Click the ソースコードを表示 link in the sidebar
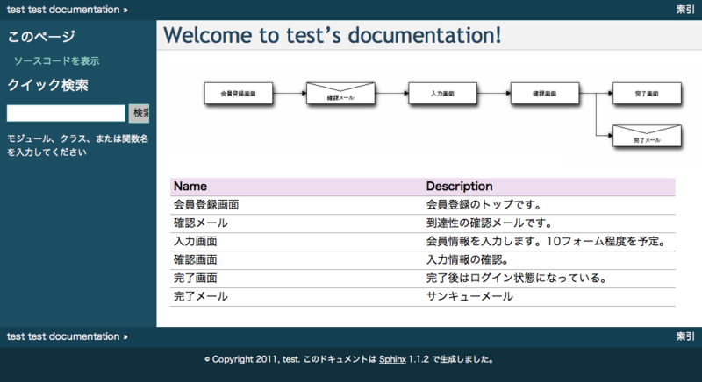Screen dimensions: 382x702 56,61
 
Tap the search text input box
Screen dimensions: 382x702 66,113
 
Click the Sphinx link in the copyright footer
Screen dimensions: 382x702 392,358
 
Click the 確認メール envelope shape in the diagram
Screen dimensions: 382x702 340,93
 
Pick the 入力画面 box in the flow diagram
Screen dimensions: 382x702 442,92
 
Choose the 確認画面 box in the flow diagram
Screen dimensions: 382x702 545,92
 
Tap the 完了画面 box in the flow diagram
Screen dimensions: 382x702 647,92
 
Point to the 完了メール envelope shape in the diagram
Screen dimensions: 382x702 647,135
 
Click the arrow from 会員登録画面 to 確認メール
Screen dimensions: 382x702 290,92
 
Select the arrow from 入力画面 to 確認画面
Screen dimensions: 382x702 494,92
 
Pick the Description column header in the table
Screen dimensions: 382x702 459,187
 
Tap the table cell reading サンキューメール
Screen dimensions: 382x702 469,297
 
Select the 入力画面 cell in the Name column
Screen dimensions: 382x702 196,242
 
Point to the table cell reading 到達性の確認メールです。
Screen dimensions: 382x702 489,223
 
